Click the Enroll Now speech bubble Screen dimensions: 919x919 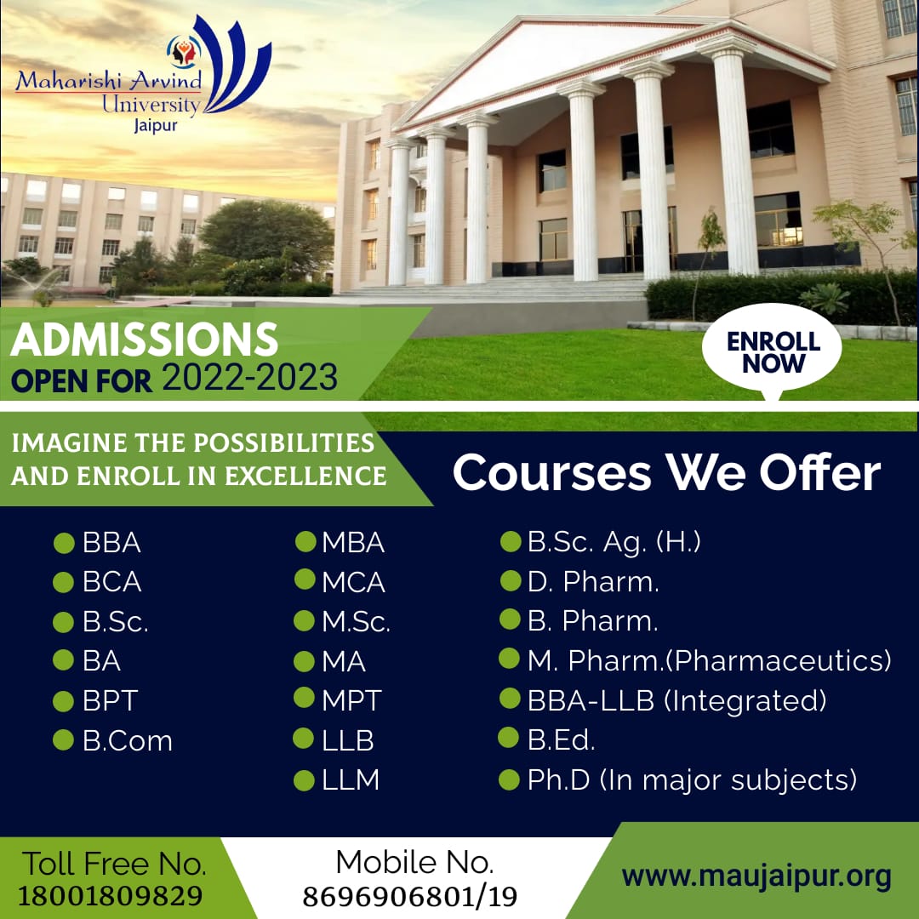pos(772,351)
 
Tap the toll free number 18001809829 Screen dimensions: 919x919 pos(110,895)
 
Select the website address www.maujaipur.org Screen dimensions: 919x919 pos(756,876)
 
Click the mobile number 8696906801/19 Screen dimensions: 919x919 pos(410,896)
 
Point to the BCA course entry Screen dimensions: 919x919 pos(112,582)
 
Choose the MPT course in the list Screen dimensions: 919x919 pos(351,700)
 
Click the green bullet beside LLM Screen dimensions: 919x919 pos(304,780)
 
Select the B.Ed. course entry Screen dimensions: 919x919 pos(561,739)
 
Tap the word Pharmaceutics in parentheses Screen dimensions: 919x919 pos(779,660)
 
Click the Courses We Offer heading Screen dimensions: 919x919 pos(666,472)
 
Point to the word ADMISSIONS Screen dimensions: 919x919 pos(144,340)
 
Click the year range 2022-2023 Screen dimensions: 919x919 pos(249,377)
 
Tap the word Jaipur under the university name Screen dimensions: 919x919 pos(156,125)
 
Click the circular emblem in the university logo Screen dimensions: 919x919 pos(184,52)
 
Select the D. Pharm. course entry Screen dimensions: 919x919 pos(593,581)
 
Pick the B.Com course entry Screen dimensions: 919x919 pos(128,741)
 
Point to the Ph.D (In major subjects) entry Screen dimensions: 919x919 pos(692,780)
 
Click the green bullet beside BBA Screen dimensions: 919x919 pos(64,543)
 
